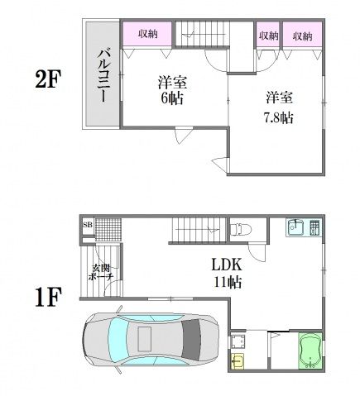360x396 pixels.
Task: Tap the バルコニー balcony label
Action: coord(99,74)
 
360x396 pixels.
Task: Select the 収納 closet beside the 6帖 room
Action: coord(147,34)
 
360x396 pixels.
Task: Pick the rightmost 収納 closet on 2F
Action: coord(301,36)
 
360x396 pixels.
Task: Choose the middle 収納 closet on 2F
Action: coord(267,36)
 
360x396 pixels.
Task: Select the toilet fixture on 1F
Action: coord(239,227)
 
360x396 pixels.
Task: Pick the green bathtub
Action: coord(312,350)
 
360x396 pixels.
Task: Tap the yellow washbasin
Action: coord(238,361)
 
